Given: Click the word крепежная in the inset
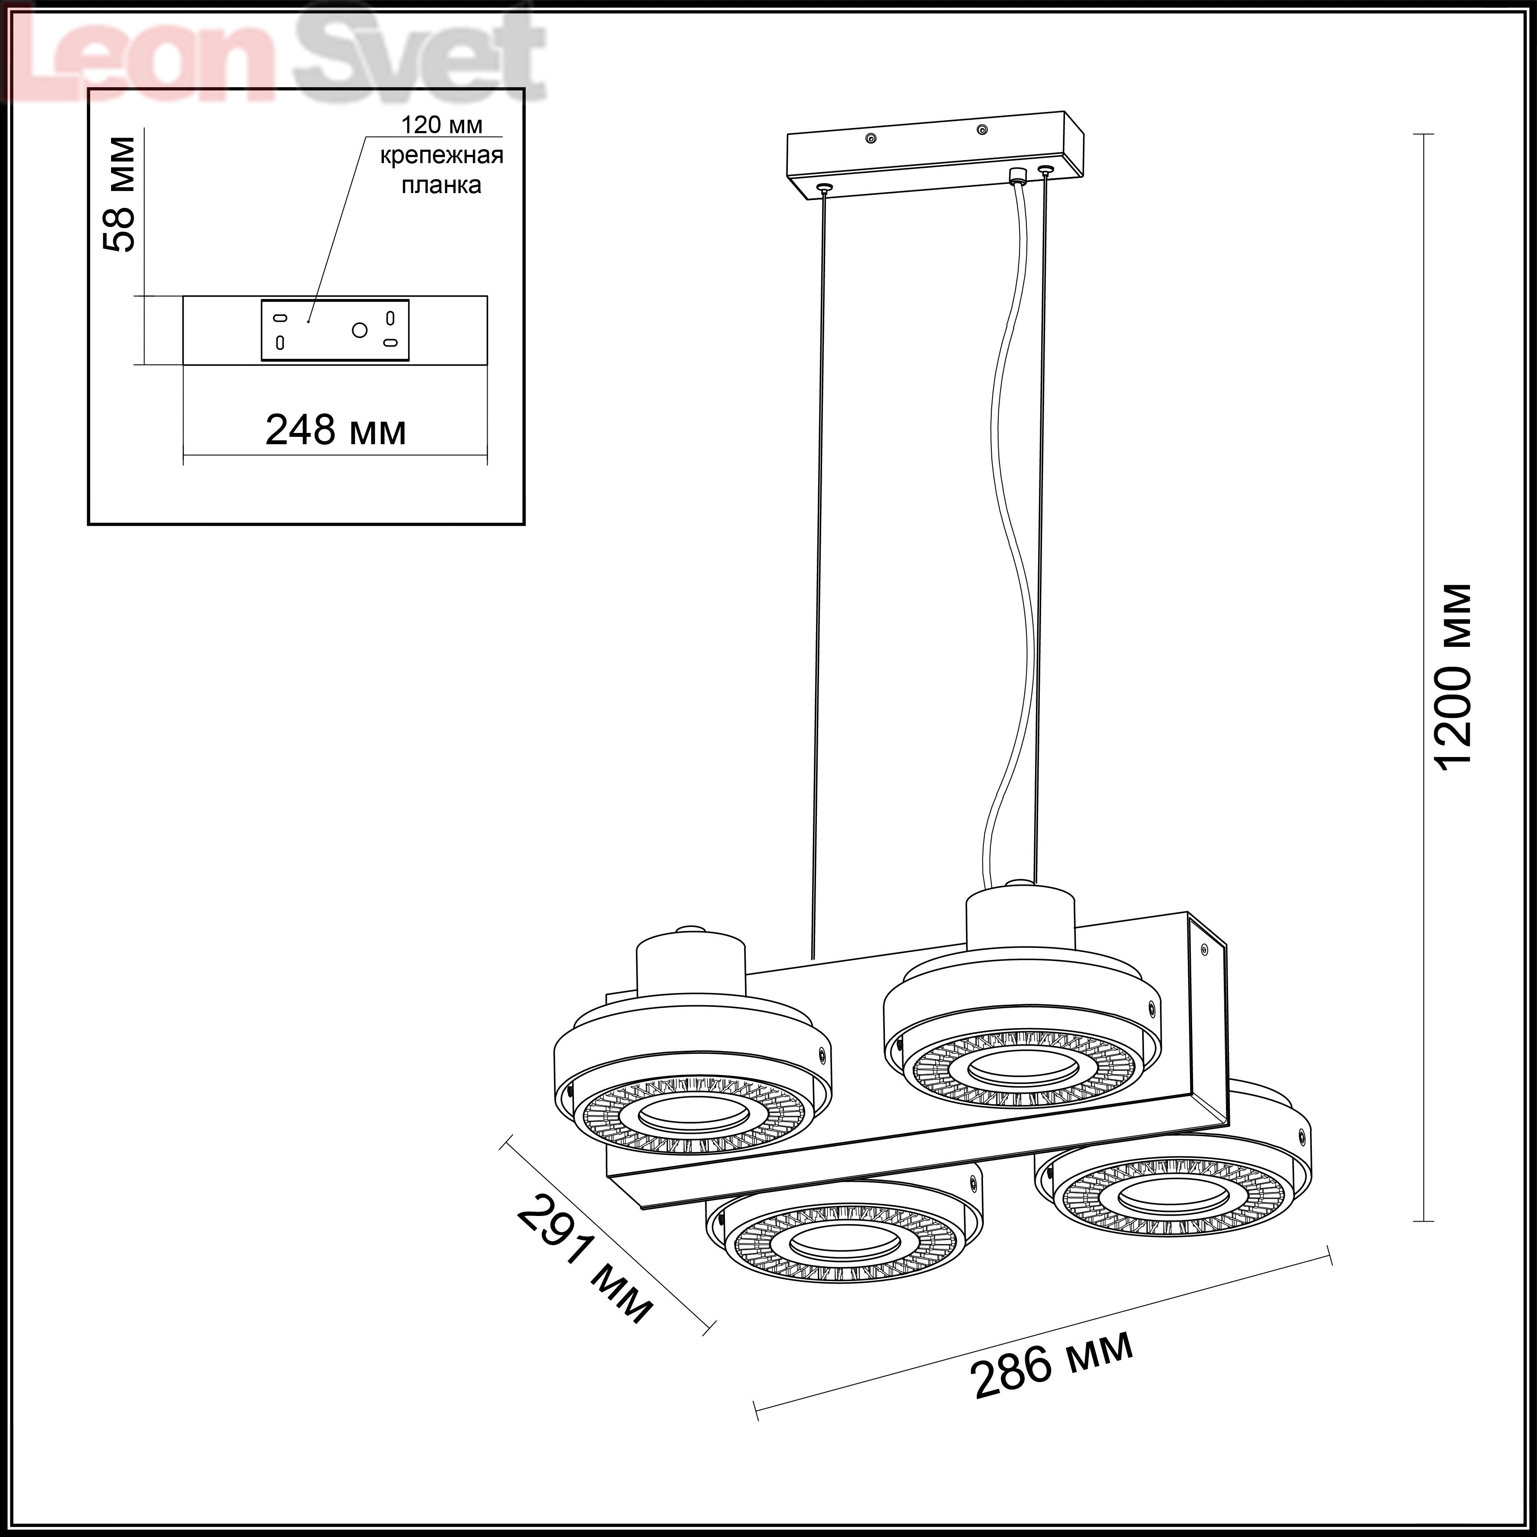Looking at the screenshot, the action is (442, 155).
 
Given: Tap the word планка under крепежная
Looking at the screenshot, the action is (442, 185).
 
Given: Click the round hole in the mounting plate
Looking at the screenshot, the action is (360, 329).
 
